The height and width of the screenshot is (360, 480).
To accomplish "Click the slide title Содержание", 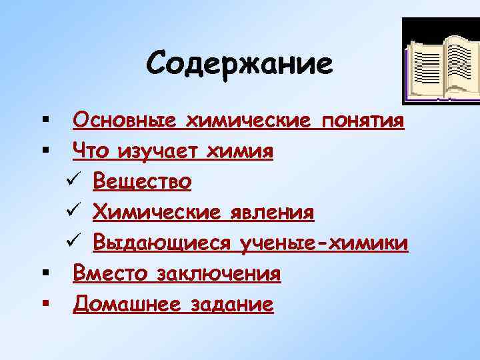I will [239, 64].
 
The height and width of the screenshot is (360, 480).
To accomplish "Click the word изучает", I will [159, 151].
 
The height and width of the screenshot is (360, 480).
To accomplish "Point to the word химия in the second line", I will [241, 151].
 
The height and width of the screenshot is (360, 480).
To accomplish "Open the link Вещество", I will [143, 181].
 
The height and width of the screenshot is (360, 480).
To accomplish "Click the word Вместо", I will [111, 273].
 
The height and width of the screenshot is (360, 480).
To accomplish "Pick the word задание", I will [231, 305].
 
